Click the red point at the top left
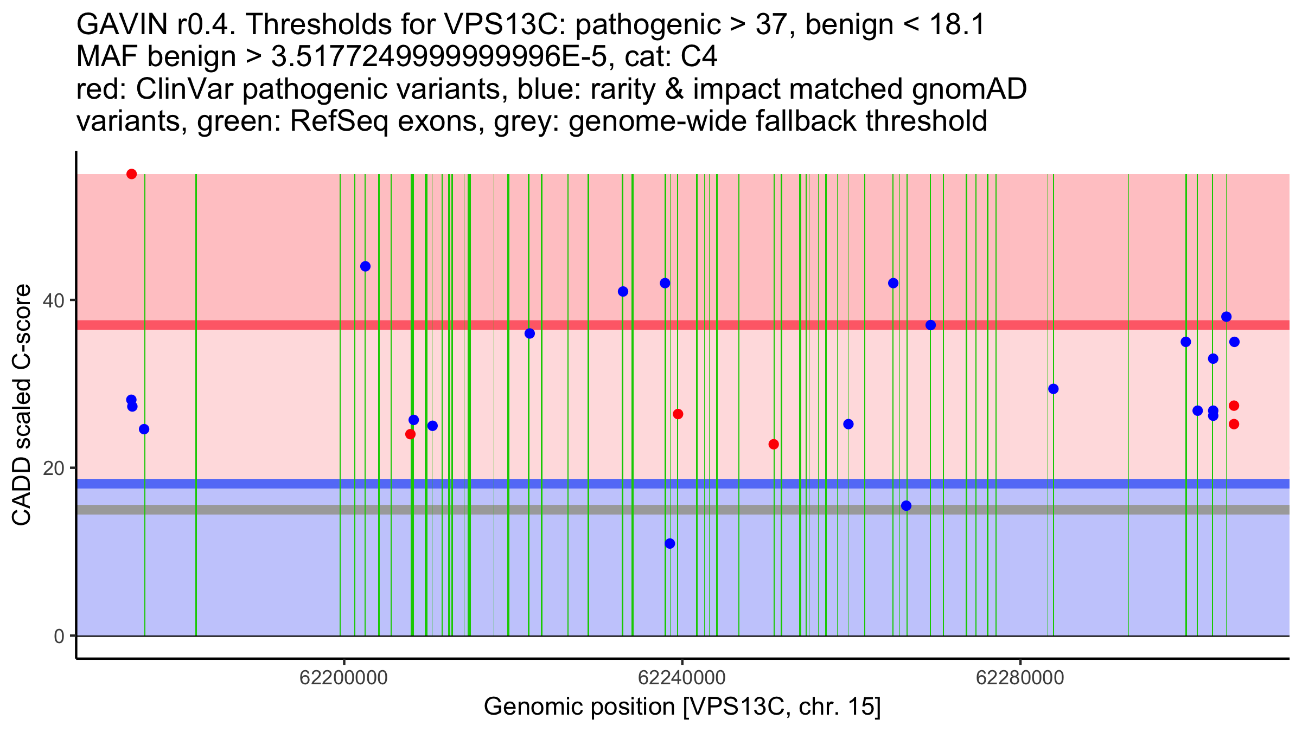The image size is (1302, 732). click(x=131, y=174)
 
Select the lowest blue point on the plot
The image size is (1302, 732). click(x=670, y=543)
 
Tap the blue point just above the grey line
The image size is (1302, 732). click(x=906, y=506)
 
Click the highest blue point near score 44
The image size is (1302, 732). click(x=365, y=266)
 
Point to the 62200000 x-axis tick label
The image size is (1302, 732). click(x=343, y=678)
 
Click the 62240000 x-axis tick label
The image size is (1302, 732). click(x=682, y=678)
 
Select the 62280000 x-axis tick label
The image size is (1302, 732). click(x=1020, y=678)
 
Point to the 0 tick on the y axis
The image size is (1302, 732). click(x=59, y=636)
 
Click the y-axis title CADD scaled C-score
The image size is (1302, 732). click(x=22, y=405)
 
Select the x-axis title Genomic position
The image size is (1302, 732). click(x=682, y=707)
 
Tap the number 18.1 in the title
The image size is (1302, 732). click(x=957, y=25)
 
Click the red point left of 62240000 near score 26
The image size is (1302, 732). click(x=678, y=414)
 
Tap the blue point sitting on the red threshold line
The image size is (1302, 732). click(x=930, y=325)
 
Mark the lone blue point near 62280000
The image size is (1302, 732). click(x=1053, y=389)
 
